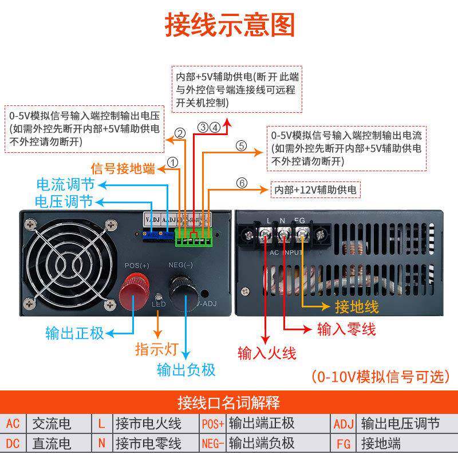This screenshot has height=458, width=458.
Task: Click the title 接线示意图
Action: (229, 25)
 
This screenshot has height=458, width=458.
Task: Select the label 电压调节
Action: (64, 202)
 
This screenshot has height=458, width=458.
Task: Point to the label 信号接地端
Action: (123, 168)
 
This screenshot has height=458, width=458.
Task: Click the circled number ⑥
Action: (242, 183)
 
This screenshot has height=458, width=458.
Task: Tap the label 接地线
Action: (357, 307)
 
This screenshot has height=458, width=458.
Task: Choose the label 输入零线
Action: (346, 329)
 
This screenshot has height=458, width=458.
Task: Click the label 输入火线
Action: (267, 353)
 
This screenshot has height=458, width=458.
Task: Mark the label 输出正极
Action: (75, 333)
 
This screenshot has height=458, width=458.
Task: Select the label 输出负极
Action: (186, 369)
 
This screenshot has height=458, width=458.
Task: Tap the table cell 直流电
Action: (51, 443)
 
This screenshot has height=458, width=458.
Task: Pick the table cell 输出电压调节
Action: (400, 424)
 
